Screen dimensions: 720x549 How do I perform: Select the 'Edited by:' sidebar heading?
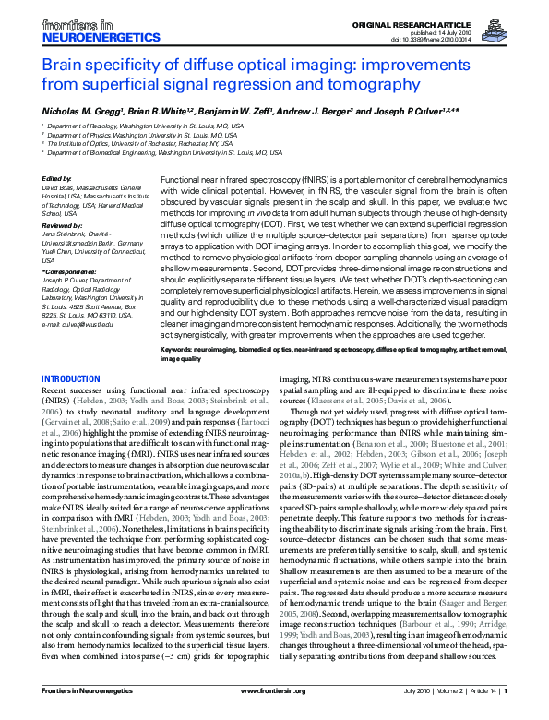point(57,178)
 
